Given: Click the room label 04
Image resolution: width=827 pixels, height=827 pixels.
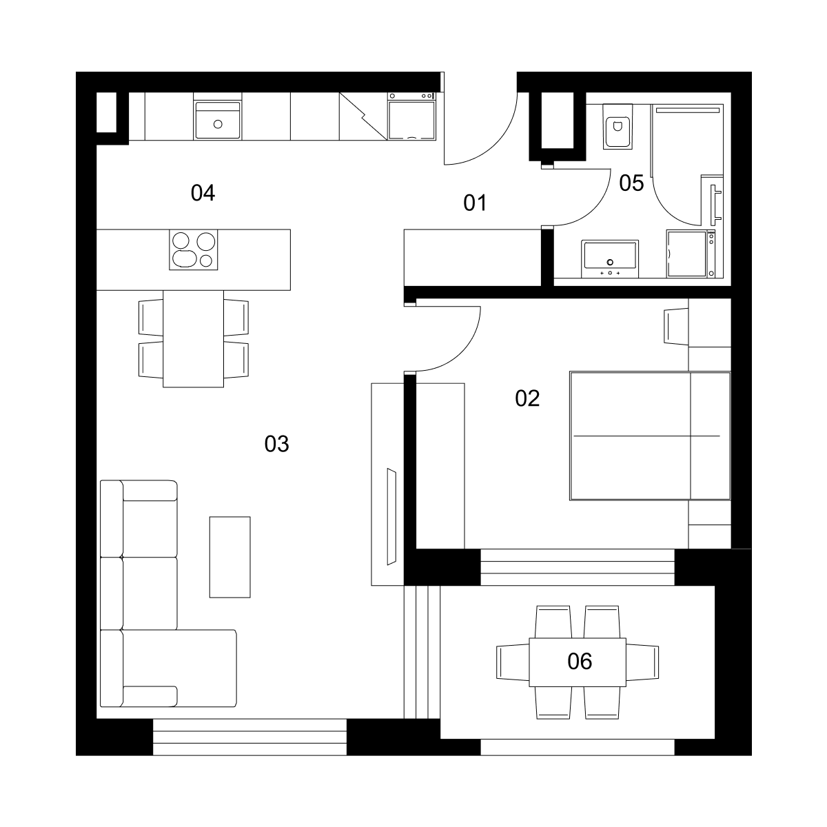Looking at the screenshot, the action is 203,193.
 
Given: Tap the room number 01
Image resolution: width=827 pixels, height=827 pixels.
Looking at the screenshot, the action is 475,203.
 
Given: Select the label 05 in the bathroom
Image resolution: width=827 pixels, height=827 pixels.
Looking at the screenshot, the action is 631,183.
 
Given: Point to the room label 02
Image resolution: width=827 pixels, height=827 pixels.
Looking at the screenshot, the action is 527,398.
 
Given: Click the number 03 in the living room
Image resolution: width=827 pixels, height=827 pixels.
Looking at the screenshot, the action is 276,444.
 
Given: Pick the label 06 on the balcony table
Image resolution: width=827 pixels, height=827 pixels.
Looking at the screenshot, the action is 580,662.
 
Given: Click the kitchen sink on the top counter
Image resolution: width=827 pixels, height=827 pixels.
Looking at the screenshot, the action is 218,120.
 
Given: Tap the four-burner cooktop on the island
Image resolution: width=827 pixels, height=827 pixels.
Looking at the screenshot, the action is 193,249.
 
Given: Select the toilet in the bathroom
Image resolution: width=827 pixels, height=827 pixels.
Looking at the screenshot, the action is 617,127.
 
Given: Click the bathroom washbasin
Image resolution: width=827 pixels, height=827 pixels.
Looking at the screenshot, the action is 609,259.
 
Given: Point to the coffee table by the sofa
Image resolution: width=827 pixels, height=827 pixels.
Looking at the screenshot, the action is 229,557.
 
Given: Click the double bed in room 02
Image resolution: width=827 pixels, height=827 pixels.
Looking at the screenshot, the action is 650,436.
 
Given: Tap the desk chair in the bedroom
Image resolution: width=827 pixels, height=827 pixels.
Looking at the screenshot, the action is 676,326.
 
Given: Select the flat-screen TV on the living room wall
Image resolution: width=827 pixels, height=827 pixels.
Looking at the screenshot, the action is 391,517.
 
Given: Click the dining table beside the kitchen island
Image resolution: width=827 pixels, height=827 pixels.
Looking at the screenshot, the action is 193,338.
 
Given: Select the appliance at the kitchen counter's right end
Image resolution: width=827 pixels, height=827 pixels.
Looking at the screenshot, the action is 411,116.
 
